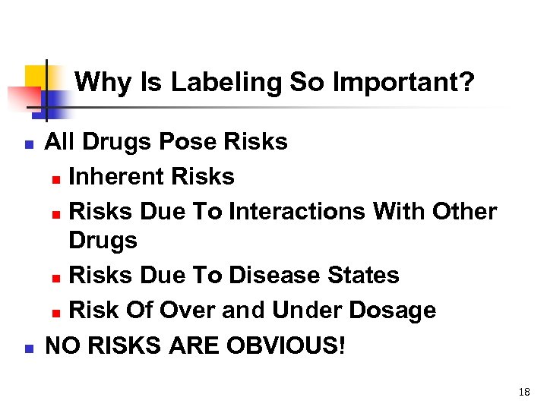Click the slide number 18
pos(523,392)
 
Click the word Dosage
pos(396,310)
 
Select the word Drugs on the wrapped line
pos(103,241)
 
